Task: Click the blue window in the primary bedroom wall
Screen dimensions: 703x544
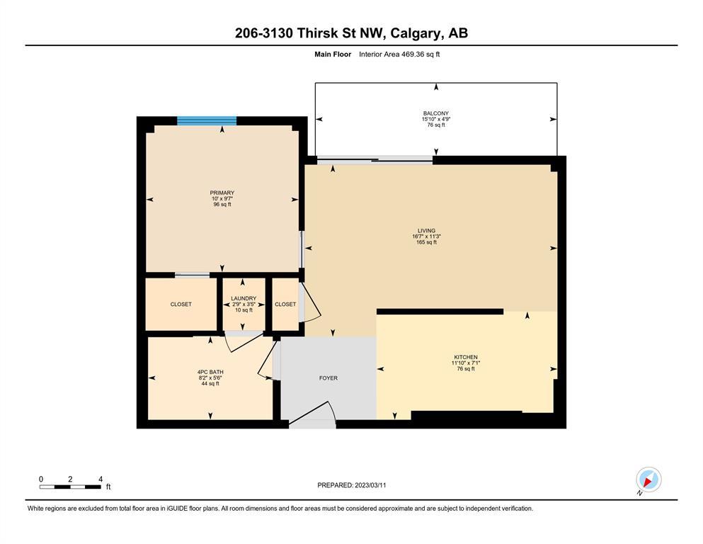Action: (x=207, y=120)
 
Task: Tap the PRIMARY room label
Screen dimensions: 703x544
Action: (x=222, y=193)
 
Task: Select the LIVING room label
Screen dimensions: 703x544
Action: (x=426, y=231)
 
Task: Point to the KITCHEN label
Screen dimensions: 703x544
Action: (x=466, y=358)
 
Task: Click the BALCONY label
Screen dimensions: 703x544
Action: (x=436, y=113)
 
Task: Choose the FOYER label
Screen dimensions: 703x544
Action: (x=328, y=378)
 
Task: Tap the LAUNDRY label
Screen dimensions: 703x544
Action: (x=244, y=298)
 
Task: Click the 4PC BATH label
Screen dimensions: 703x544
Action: (x=210, y=372)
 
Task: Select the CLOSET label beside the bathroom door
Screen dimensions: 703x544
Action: (x=181, y=304)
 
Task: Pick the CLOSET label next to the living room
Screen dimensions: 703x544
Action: (x=285, y=304)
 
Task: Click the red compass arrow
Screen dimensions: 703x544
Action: (x=648, y=482)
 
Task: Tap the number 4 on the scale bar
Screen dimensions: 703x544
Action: (x=101, y=479)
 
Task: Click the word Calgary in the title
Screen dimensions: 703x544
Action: (x=415, y=33)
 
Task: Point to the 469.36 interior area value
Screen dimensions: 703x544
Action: (x=411, y=55)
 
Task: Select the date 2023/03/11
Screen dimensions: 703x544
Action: (x=370, y=485)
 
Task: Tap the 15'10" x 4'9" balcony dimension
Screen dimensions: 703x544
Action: (x=436, y=119)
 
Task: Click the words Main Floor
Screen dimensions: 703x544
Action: (x=333, y=55)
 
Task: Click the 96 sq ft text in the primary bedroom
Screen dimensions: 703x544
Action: (x=222, y=205)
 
